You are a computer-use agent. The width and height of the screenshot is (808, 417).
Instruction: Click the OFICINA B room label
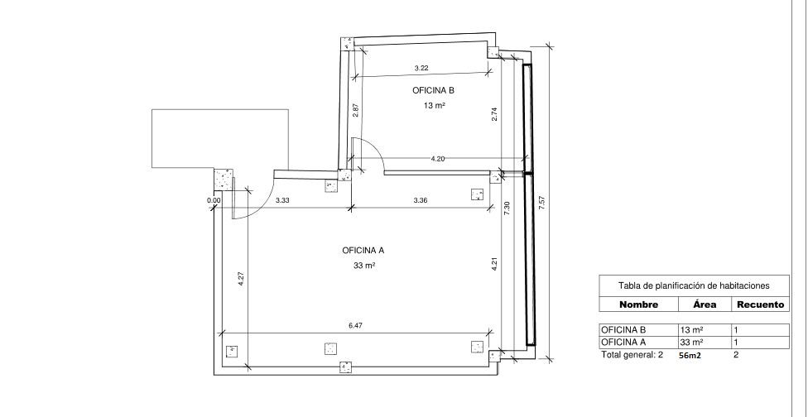pos(433,91)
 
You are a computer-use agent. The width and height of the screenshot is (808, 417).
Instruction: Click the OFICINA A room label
pos(363,251)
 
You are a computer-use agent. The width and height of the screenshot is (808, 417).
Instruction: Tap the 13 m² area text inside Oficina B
pos(435,106)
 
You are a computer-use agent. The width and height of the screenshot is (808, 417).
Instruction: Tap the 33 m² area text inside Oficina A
pos(363,266)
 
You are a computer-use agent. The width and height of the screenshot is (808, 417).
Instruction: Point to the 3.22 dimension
pos(421,68)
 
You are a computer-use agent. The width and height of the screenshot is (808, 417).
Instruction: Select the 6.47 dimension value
pos(355,325)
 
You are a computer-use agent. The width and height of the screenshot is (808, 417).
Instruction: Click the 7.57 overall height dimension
pos(541,203)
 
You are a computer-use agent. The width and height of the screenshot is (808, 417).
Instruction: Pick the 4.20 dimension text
pos(437,159)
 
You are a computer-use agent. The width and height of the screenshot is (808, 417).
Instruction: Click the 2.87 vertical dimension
pos(355,111)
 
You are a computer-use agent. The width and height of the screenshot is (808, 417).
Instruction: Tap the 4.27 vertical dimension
pos(241,279)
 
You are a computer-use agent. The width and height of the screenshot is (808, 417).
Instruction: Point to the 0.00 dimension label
pos(214,201)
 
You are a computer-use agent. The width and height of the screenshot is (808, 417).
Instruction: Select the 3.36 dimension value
pos(421,200)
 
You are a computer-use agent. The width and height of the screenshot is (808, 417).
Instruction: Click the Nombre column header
pos(638,304)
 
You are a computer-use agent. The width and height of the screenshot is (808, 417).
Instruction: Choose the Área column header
pos(705,304)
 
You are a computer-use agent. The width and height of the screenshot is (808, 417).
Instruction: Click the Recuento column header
pos(761,304)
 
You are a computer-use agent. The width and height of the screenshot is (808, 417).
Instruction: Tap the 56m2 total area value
pos(690,355)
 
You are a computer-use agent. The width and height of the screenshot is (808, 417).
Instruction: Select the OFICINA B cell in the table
pos(623,330)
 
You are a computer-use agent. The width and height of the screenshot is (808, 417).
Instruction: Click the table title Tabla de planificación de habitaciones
pos(694,285)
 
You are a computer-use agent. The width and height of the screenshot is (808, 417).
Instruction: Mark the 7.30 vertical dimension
pos(507,208)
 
